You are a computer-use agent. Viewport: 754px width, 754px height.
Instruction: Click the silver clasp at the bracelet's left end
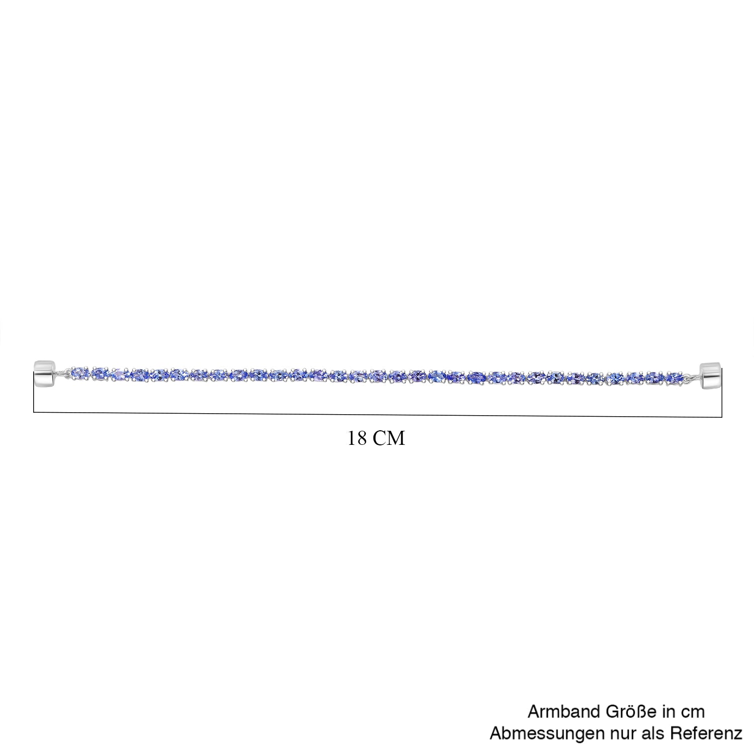tap(44, 374)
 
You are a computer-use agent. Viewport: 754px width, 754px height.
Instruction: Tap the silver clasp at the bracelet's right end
tap(711, 375)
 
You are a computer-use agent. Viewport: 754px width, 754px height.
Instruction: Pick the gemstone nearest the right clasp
tap(674, 377)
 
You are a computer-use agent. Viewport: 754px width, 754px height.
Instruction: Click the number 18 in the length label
tap(357, 438)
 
